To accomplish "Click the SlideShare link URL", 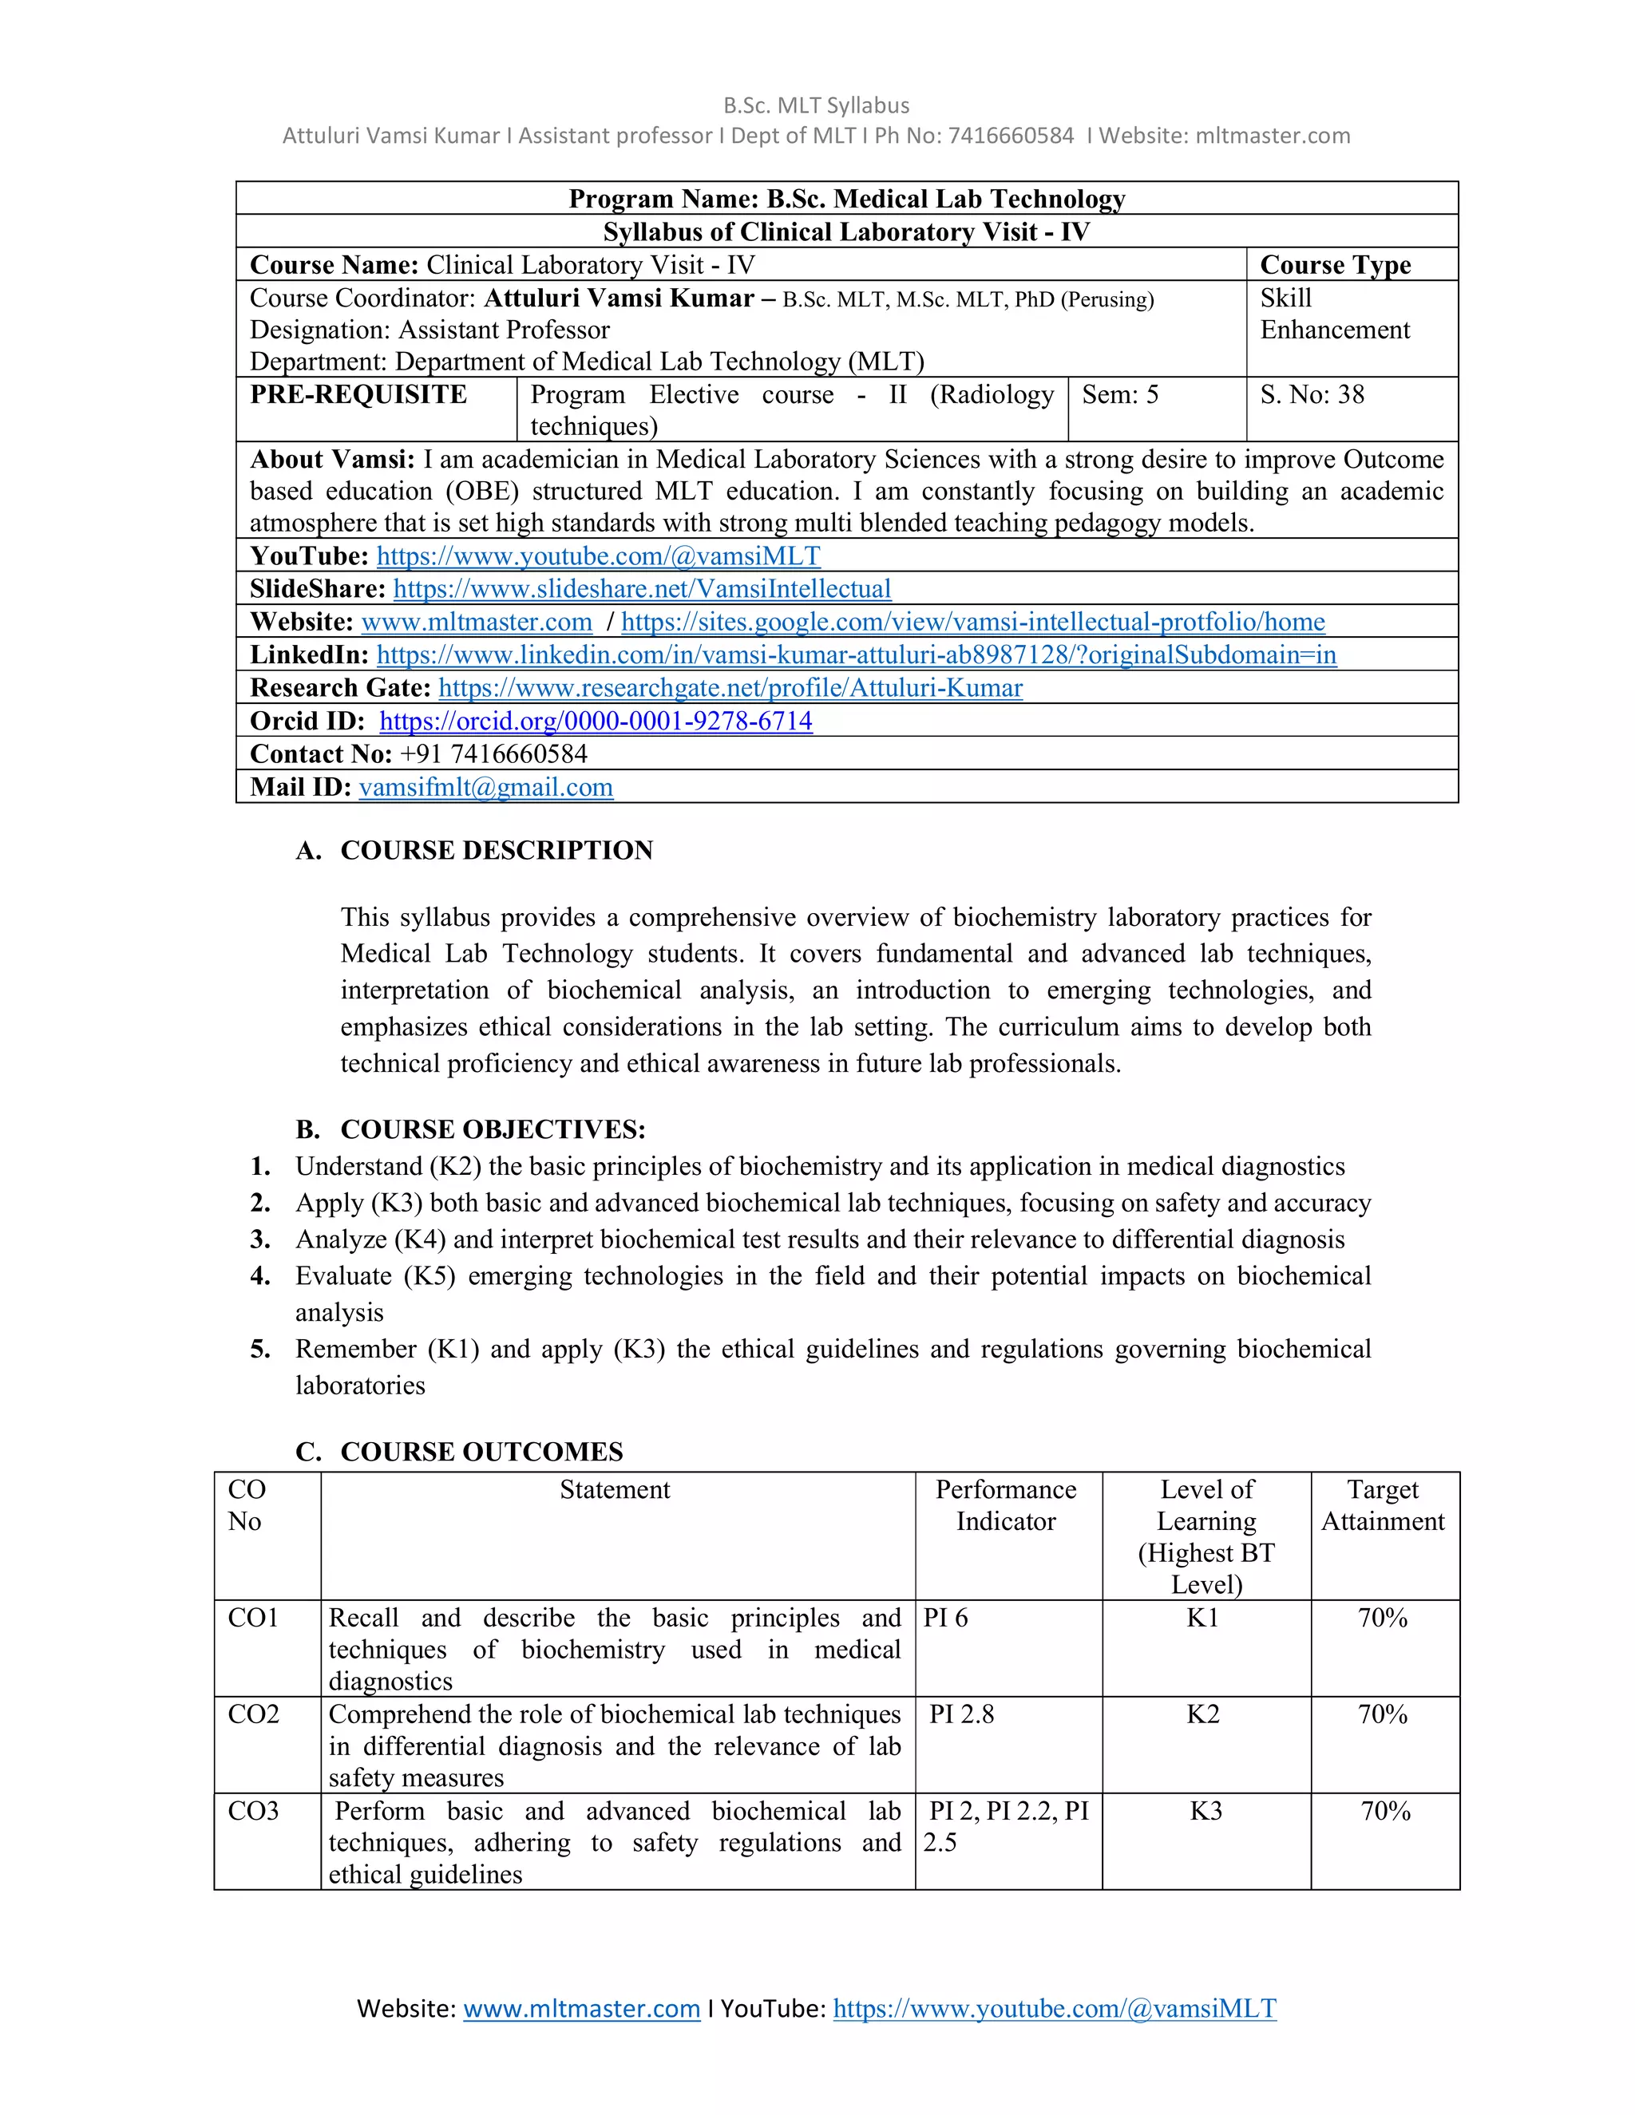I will coord(641,589).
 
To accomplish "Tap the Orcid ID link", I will coord(596,721).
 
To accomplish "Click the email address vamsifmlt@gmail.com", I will coord(485,786).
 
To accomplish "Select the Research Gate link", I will coord(730,687).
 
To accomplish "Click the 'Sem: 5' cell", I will coord(1120,395).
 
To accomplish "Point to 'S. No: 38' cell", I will coord(1312,395).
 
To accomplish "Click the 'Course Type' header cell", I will coord(1335,265).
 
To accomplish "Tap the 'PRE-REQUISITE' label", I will coord(358,395).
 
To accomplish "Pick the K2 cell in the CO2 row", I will coord(1203,1714).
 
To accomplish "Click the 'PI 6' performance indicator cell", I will coord(945,1617).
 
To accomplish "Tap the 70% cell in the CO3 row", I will coord(1384,1811).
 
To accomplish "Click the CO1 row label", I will coord(253,1617).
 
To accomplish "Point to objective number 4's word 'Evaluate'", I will coord(345,1275).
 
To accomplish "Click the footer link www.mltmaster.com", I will coord(581,2009).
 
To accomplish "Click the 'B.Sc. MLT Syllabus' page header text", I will coord(817,105).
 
